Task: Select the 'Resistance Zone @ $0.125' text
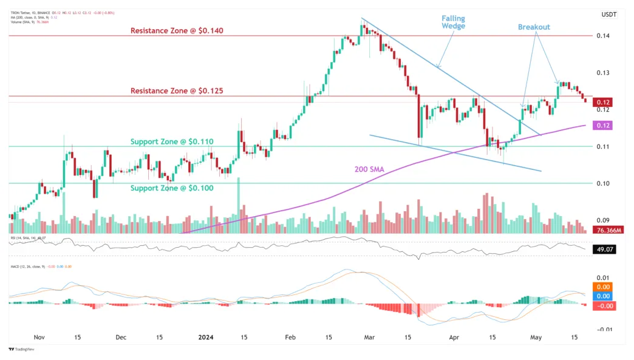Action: coord(177,91)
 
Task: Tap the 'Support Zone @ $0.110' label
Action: coord(172,141)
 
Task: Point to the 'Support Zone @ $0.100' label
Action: coord(172,188)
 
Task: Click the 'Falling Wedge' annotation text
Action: coord(453,22)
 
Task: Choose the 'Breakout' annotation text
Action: coord(534,27)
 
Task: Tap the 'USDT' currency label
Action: coord(608,15)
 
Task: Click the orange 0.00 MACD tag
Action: coord(604,287)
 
